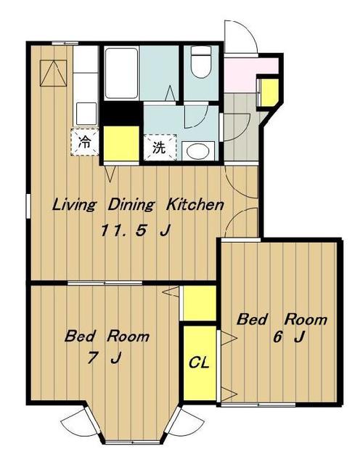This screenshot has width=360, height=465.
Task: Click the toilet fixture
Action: [200, 62]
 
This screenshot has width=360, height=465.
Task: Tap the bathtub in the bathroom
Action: [122, 73]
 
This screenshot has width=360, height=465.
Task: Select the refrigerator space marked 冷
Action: [85, 142]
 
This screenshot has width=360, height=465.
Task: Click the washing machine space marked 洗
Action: [160, 147]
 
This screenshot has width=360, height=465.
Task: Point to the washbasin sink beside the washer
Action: [198, 150]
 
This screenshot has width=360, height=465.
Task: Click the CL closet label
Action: [199, 362]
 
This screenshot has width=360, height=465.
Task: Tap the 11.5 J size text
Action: [136, 230]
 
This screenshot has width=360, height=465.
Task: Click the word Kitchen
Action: [195, 205]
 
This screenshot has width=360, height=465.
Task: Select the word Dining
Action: [131, 205]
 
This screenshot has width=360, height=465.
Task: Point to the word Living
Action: [74, 205]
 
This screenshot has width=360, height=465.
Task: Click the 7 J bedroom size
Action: [104, 358]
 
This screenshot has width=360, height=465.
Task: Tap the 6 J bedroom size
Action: [288, 337]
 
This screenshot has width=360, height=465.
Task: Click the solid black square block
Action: [121, 113]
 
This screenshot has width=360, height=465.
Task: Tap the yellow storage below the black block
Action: [121, 144]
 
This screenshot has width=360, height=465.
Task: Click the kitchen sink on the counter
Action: [86, 113]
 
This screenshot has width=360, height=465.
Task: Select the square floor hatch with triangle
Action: [53, 73]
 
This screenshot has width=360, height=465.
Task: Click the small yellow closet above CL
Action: [200, 303]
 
